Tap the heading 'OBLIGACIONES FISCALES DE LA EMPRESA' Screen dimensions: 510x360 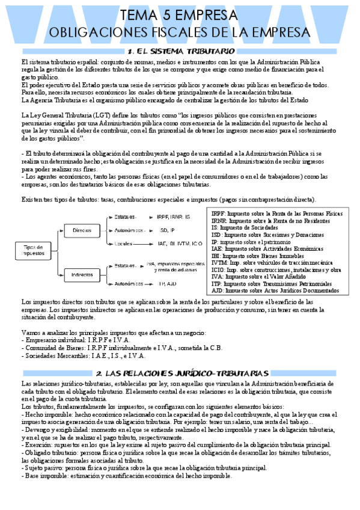point(180,32)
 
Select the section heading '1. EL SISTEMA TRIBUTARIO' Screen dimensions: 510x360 point(181,52)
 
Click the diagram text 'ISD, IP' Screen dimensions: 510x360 point(166,230)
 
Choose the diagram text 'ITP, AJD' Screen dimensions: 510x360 point(166,283)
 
